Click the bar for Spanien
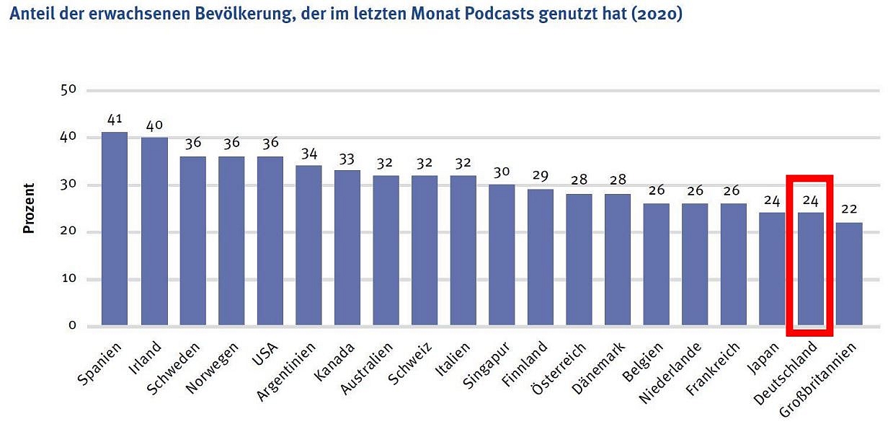pyautogui.click(x=115, y=229)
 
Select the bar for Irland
pyautogui.click(x=154, y=231)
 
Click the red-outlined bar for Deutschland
pyautogui.click(x=810, y=268)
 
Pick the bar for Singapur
pyautogui.click(x=502, y=255)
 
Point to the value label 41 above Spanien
pyautogui.click(x=115, y=120)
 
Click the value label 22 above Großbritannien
pyautogui.click(x=849, y=211)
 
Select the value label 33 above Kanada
pyautogui.click(x=347, y=158)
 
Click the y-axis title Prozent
pyautogui.click(x=29, y=208)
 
